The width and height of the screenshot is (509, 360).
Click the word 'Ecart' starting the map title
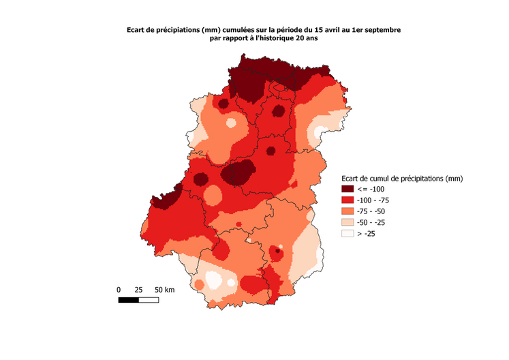point(137,30)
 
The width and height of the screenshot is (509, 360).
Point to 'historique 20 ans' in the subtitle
point(287,39)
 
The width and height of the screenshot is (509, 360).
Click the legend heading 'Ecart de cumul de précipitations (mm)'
point(402,179)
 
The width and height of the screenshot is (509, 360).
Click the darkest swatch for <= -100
point(348,190)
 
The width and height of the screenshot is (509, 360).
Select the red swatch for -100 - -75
point(348,200)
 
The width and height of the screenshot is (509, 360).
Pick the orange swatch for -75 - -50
point(348,211)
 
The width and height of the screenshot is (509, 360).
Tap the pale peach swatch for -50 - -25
point(348,222)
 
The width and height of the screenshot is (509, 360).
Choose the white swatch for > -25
point(348,233)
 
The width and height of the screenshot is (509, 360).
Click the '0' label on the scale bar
point(119,290)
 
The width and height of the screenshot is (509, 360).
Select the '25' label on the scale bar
point(138,290)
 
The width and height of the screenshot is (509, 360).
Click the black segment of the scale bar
point(129,299)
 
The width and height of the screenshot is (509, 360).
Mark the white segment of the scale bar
point(149,299)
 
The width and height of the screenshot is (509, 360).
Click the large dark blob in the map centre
point(238,172)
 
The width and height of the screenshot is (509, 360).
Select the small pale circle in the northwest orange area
point(232,123)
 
